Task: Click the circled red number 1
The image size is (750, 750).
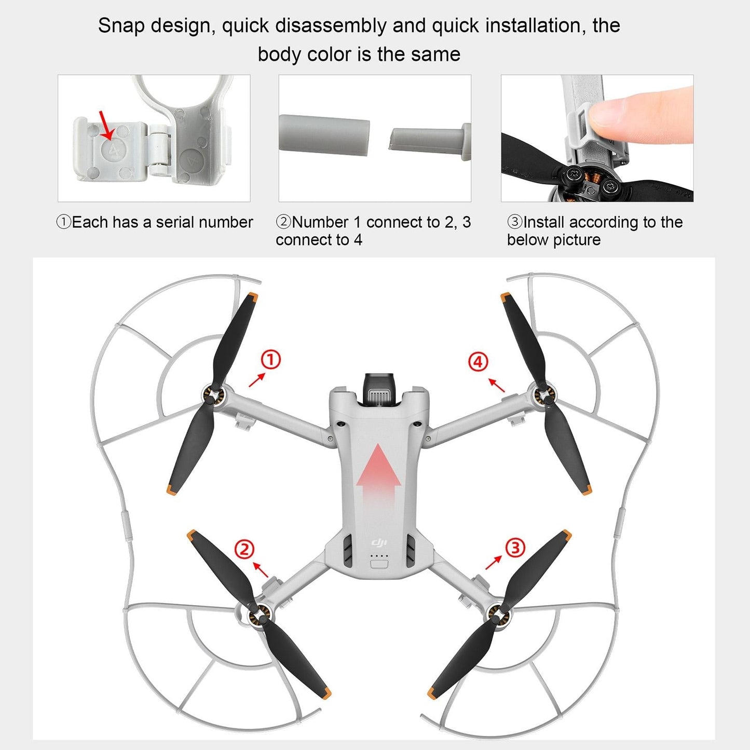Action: (x=270, y=360)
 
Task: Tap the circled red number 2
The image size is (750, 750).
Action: (x=244, y=549)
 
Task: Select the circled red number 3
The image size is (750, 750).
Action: (x=515, y=548)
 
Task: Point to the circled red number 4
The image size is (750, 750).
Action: (x=478, y=362)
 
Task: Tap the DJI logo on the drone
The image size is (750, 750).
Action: (x=379, y=543)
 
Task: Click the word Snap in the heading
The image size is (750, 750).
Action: (x=119, y=26)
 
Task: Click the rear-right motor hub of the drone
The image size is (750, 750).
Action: (x=499, y=615)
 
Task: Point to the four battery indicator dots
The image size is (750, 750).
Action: (x=379, y=556)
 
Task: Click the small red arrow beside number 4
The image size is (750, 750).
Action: (x=496, y=385)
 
